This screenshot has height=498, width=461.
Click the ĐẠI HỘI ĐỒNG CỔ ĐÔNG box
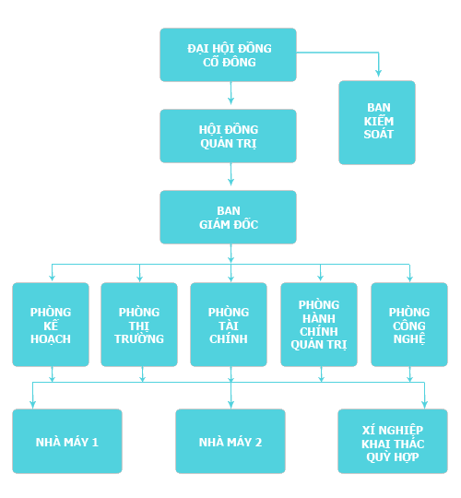point(228,54)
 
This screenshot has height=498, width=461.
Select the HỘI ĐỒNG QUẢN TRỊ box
point(228,136)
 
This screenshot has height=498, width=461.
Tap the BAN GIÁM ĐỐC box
point(228,218)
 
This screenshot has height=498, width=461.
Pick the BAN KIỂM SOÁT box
point(377,123)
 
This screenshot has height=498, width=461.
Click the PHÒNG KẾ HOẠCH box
point(51,325)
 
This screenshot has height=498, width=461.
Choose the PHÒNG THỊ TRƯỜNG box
point(139,325)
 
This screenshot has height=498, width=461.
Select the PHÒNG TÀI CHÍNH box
point(229,325)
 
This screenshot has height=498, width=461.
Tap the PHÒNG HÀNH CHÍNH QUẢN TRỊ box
point(319,325)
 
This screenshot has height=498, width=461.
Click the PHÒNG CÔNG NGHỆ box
point(409,325)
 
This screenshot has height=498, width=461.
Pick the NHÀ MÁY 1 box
point(67,441)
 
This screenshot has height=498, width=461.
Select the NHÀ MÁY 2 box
point(230,441)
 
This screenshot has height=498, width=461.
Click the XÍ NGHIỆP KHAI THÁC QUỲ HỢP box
point(393,441)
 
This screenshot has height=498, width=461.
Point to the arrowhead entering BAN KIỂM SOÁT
point(378,73)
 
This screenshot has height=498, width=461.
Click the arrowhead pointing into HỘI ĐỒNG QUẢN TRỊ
point(230,101)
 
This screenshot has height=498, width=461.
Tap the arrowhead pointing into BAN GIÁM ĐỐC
point(230,183)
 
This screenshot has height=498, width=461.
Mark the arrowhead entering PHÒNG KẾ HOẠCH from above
point(52,278)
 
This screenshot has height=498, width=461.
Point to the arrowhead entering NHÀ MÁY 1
point(32,404)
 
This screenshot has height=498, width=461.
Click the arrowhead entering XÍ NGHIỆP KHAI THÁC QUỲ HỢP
point(424,404)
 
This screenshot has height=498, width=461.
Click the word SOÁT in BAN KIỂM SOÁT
point(378,135)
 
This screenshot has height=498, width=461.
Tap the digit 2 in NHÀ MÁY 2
point(258,443)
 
